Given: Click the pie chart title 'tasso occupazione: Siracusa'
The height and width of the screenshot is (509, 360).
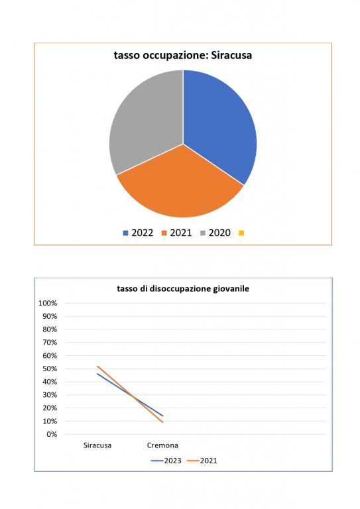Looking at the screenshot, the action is (183, 55).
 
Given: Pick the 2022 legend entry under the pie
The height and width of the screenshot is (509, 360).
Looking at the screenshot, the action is (138, 233).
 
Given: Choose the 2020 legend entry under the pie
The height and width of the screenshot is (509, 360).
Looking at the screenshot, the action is (215, 233).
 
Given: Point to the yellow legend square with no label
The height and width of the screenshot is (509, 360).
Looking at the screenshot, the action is (241, 233).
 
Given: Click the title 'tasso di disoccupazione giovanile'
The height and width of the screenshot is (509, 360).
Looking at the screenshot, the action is (183, 288).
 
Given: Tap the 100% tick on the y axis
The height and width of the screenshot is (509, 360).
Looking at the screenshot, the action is (48, 303).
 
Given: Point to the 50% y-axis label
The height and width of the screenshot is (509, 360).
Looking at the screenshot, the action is (50, 368).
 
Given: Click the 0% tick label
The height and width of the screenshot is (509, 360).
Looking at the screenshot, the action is (52, 434).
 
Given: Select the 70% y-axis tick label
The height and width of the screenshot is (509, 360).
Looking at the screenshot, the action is (50, 343).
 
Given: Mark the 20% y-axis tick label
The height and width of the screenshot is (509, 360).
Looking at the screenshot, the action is (50, 408).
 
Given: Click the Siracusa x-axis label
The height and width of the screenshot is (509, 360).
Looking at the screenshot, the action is (97, 445).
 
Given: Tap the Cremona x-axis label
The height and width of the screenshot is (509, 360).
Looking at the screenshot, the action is (162, 445).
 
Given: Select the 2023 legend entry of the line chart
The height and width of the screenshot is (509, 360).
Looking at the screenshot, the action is (166, 461).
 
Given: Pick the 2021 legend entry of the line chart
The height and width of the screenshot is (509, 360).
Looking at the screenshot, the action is (202, 461).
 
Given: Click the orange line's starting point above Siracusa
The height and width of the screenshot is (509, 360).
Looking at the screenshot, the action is (97, 366).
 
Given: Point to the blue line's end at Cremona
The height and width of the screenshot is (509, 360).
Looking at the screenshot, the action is (162, 416).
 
